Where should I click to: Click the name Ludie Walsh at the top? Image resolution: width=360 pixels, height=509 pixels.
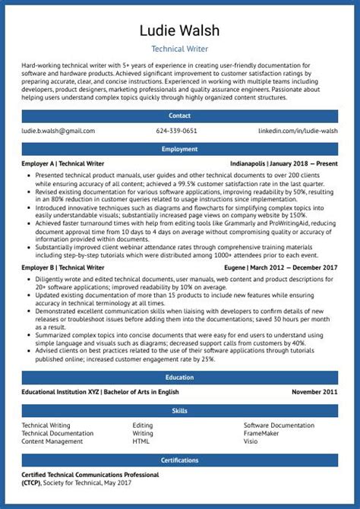click(180, 30)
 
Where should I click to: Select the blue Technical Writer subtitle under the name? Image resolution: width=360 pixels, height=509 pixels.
click(180, 48)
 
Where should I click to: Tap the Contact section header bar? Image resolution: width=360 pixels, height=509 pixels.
click(180, 116)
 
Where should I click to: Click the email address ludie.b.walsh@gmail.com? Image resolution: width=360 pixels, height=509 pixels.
click(58, 131)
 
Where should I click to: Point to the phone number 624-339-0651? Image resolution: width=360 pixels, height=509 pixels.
click(176, 131)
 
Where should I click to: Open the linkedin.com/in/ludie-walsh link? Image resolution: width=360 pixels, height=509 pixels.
click(298, 131)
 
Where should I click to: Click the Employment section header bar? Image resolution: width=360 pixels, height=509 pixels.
click(180, 150)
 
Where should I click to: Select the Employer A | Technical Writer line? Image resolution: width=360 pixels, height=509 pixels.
click(63, 163)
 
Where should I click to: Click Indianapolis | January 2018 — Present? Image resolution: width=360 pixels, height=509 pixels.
click(284, 163)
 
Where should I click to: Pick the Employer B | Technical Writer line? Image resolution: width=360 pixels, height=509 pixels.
click(63, 267)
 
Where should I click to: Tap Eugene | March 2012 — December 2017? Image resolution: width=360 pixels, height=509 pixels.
click(281, 267)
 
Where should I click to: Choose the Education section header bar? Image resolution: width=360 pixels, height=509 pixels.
click(180, 377)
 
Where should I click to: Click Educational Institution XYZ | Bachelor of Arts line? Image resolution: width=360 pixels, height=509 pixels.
click(100, 392)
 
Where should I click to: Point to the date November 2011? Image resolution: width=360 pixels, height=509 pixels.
click(314, 392)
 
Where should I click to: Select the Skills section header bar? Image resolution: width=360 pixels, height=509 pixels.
click(180, 411)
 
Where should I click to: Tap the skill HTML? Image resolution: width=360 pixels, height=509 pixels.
click(141, 441)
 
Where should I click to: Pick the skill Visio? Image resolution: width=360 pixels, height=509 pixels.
click(251, 441)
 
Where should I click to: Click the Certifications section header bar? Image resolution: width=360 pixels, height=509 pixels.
click(180, 460)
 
